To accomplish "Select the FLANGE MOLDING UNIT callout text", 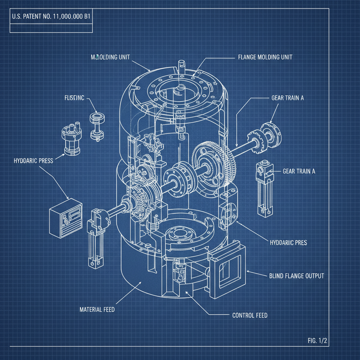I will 263,57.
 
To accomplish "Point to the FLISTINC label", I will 74,98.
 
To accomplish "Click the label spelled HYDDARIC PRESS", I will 33,161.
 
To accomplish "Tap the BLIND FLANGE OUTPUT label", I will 296,276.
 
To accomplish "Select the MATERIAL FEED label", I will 97,310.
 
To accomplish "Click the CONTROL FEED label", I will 250,315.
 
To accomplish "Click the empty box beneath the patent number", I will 51,28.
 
